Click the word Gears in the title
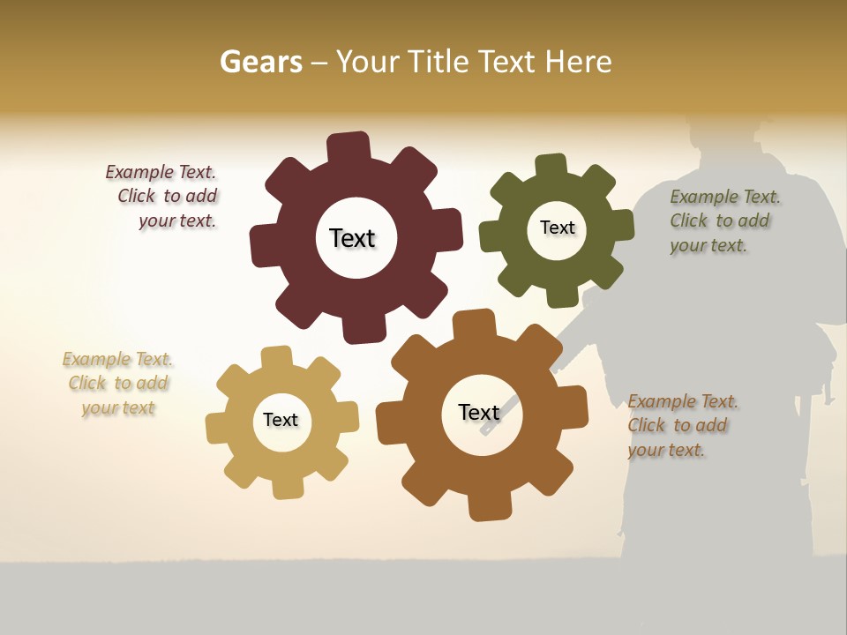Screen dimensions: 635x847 point(261,62)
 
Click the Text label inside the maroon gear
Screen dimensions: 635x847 point(352,238)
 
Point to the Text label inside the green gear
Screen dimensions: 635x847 point(557,228)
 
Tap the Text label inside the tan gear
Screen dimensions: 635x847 point(281,420)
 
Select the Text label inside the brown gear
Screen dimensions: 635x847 point(479,412)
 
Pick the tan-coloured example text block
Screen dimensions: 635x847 point(118,384)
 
